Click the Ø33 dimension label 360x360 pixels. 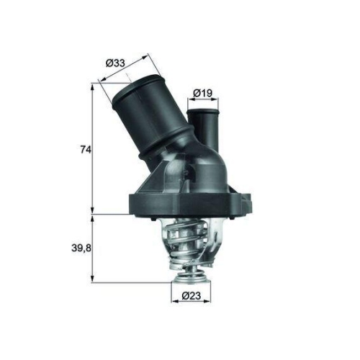point(116,63)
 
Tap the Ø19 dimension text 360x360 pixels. point(202,93)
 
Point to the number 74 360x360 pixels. point(86,150)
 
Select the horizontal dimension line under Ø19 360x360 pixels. point(202,102)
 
